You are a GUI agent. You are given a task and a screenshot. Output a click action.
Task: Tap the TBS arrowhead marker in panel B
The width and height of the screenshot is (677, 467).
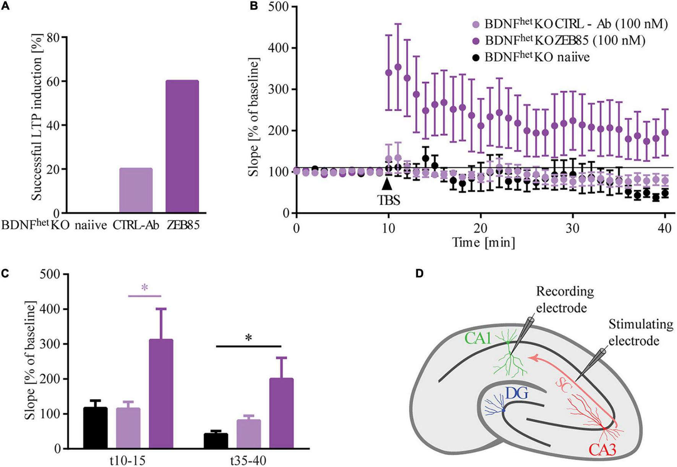pyautogui.click(x=387, y=184)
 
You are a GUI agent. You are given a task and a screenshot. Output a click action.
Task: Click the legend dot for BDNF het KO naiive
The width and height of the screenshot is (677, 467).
pyautogui.click(x=476, y=58)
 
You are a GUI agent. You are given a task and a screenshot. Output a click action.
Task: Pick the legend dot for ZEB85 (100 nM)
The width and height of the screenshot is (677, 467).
pyautogui.click(x=476, y=41)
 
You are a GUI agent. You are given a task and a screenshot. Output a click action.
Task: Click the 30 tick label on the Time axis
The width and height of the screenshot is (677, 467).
pyautogui.click(x=572, y=228)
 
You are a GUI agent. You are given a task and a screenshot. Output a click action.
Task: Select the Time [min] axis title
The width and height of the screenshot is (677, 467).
pyautogui.click(x=483, y=242)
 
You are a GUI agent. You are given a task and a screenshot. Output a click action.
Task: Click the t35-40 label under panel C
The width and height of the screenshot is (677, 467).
pyautogui.click(x=248, y=461)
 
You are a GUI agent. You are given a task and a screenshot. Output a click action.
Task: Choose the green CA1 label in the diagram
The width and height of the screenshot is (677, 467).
pyautogui.click(x=478, y=338)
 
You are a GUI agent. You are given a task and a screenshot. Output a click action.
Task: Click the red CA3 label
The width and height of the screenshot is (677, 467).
pyautogui.click(x=602, y=450)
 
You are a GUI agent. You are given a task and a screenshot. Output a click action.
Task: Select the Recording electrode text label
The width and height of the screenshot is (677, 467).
pyautogui.click(x=565, y=299)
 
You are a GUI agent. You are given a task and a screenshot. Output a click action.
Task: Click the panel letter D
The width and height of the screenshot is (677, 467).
pyautogui.click(x=419, y=274)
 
